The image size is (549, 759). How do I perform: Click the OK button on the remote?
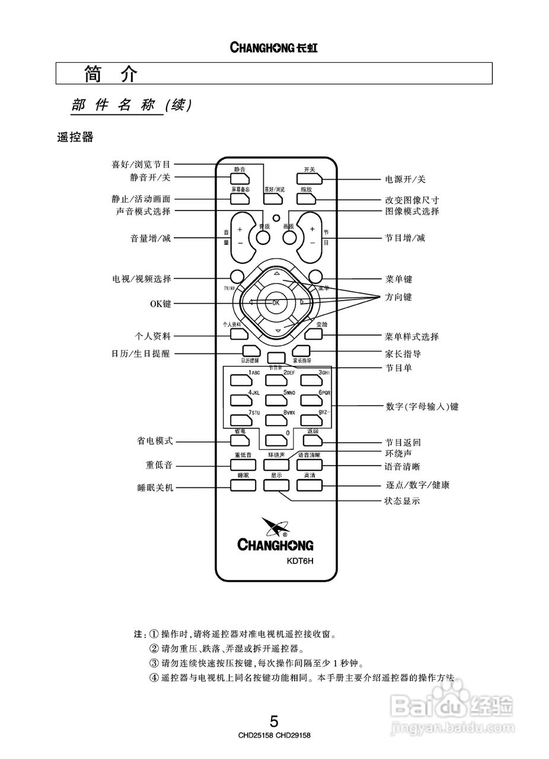tap(276, 302)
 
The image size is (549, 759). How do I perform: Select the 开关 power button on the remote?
tap(309, 178)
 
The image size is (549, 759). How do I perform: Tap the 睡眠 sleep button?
tap(243, 484)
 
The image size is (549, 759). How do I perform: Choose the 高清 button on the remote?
tap(309, 484)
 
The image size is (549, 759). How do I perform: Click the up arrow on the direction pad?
tap(276, 274)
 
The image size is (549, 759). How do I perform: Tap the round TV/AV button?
tap(237, 276)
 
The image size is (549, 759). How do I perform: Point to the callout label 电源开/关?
tap(406, 179)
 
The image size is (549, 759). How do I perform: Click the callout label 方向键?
tap(398, 296)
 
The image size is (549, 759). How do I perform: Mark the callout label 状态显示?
tap(403, 501)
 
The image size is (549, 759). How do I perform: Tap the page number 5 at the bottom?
tap(274, 721)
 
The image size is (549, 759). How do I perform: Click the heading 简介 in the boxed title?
tap(111, 74)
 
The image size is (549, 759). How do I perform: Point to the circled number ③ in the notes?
tap(154, 663)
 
